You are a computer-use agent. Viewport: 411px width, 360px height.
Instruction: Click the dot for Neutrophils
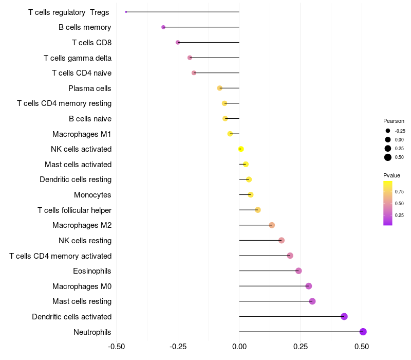click(x=363, y=332)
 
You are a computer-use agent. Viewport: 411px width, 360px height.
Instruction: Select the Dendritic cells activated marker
click(x=344, y=316)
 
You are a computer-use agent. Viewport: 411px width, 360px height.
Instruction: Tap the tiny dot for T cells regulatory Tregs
click(x=126, y=12)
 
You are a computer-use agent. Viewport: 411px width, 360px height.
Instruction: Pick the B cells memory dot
click(x=163, y=27)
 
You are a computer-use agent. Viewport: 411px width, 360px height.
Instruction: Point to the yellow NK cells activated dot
click(x=240, y=149)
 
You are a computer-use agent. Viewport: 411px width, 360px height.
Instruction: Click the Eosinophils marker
click(x=298, y=271)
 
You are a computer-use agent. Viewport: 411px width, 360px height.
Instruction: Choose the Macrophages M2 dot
click(x=272, y=225)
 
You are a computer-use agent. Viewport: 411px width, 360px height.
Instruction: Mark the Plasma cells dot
click(x=220, y=88)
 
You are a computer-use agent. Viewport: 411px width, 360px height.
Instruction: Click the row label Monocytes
click(x=92, y=195)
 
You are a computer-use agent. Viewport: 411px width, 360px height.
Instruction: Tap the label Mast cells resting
click(x=82, y=301)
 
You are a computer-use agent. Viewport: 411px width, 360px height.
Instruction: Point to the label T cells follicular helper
click(x=74, y=210)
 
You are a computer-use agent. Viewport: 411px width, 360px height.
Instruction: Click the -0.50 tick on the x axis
click(x=117, y=347)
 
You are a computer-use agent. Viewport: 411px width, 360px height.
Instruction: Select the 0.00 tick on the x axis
click(x=239, y=347)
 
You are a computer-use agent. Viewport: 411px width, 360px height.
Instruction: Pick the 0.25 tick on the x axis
click(x=301, y=347)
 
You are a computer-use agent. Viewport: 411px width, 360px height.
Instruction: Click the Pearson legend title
click(x=394, y=121)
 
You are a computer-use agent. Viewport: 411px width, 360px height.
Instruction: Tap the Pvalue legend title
click(x=392, y=175)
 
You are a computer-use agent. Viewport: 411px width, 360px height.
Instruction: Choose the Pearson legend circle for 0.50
click(x=388, y=157)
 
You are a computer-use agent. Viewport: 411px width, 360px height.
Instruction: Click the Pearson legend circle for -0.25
click(x=388, y=131)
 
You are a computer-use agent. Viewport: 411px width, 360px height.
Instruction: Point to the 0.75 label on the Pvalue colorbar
click(x=399, y=191)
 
